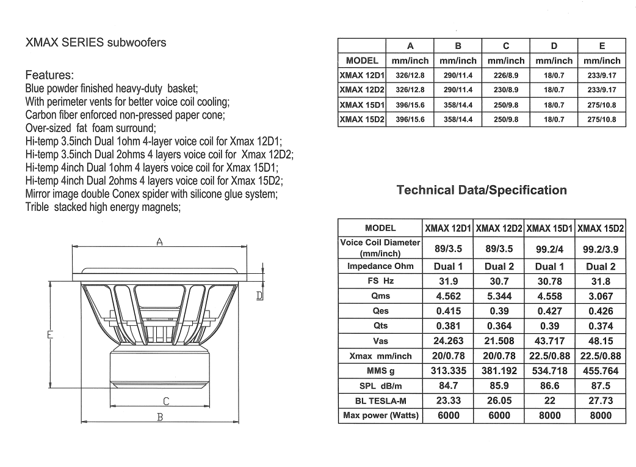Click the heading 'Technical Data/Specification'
click(x=482, y=190)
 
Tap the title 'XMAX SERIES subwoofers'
click(x=96, y=43)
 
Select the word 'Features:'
click(x=49, y=76)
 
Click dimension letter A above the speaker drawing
click(x=159, y=242)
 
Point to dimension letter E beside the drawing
click(x=51, y=334)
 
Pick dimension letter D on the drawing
click(x=259, y=296)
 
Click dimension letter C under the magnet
click(x=166, y=402)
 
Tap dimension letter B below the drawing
click(x=160, y=417)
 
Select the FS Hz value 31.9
click(x=448, y=281)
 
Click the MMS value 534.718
click(x=550, y=371)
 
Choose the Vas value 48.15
click(x=601, y=341)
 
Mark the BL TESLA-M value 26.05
click(x=499, y=401)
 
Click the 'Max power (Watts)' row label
click(x=381, y=416)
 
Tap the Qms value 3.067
click(x=601, y=296)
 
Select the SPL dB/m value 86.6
click(x=550, y=386)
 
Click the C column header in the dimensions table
click(x=506, y=46)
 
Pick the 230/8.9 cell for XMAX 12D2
click(x=506, y=90)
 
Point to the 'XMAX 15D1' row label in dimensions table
click(x=361, y=105)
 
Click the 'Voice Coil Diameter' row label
click(x=381, y=247)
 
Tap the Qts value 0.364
click(x=499, y=326)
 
